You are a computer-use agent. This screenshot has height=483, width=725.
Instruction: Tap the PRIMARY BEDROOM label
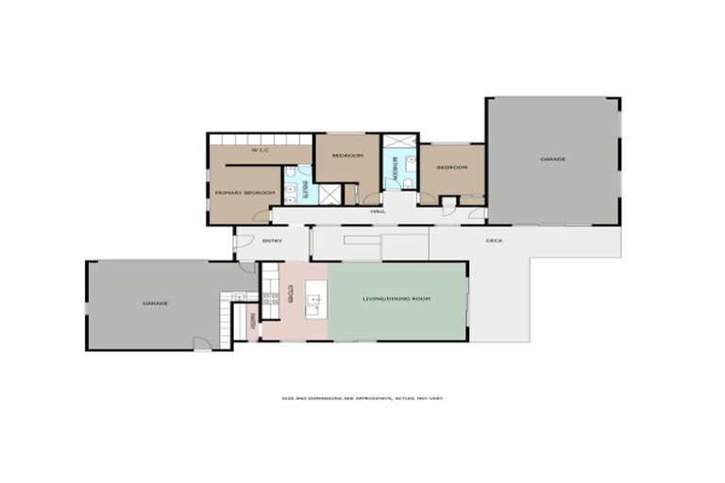pos(244,192)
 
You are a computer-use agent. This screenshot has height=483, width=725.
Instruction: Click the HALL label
pos(378,211)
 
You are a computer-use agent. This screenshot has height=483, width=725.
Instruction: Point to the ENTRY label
pos(272,241)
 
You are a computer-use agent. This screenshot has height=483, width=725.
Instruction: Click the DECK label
pos(494,241)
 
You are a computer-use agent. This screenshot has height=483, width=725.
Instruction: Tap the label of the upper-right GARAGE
pos(553,159)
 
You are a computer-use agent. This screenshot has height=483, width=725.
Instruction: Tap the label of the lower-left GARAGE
pos(155,303)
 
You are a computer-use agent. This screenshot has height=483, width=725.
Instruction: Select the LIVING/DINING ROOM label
pos(396,298)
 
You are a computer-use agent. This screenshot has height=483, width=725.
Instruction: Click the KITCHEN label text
pos(291,293)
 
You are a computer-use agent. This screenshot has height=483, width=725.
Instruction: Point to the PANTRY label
pos(252,322)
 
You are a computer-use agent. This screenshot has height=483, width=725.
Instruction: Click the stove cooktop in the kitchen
pos(270,300)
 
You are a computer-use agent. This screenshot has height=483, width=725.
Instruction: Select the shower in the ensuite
pos(330,194)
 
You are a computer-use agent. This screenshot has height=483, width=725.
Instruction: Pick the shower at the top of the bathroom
pos(397,142)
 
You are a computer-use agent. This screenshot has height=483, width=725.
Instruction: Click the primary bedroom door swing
pos(261,216)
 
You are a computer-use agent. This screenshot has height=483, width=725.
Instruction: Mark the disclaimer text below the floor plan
pos(362,399)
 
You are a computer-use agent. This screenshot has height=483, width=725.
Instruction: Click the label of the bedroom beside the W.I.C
pos(347,156)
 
